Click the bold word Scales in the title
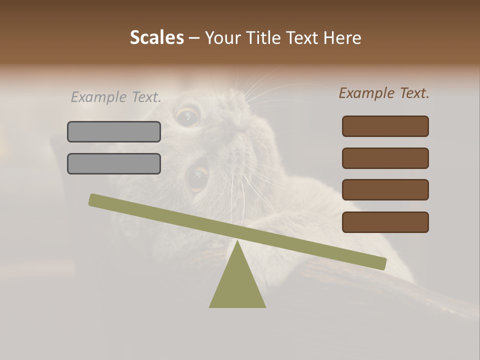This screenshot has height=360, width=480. coord(156,37)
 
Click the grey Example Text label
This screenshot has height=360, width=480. coord(116,97)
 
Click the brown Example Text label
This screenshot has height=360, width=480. coord(384,93)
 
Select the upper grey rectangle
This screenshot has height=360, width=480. coord(114,131)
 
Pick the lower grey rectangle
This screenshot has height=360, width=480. coord(114,163)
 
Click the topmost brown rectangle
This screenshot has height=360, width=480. coord(385,126)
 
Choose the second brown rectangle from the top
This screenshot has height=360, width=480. coord(385,158)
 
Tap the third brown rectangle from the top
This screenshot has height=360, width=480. coord(385,190)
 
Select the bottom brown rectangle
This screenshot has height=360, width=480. coord(385,222)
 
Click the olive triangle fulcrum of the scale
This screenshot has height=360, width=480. coord(237,285)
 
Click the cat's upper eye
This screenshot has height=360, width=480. coord(188,117)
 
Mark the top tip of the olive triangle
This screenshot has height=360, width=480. coord(237,242)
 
